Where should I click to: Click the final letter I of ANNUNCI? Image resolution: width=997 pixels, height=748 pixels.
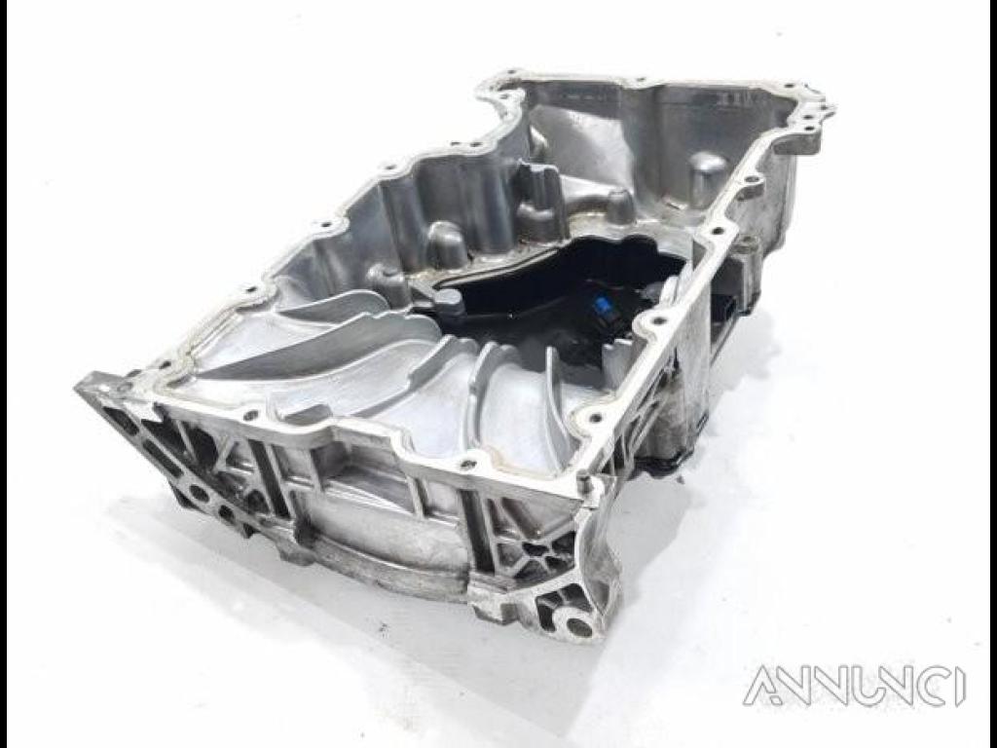959,686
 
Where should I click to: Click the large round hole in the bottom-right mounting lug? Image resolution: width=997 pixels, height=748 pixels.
577,626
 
